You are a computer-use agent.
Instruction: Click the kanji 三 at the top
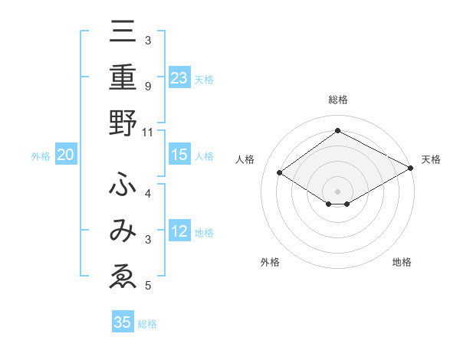[x=123, y=32]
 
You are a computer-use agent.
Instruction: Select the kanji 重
[x=123, y=78]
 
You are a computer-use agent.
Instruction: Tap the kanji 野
[x=123, y=123]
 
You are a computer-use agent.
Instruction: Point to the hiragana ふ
[x=123, y=185]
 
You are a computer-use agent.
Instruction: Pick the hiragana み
[x=123, y=231]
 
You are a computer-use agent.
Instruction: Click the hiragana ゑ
[x=123, y=277]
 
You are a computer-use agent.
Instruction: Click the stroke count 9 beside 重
[x=148, y=86]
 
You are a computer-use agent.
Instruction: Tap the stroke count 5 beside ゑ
[x=148, y=286]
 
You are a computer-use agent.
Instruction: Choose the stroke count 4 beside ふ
[x=148, y=193]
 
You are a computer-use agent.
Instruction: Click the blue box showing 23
[x=179, y=77]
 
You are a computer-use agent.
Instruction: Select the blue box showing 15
[x=179, y=155]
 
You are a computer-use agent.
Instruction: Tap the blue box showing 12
[x=179, y=231]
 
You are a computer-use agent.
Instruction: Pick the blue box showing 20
[x=66, y=155]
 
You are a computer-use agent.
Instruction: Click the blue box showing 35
[x=123, y=322]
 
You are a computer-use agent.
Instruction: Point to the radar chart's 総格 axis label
[x=338, y=100]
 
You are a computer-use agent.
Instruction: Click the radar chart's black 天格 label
[x=431, y=159]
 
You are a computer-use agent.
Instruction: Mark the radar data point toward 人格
[x=280, y=173]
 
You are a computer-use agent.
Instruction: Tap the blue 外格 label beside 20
[x=41, y=156]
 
